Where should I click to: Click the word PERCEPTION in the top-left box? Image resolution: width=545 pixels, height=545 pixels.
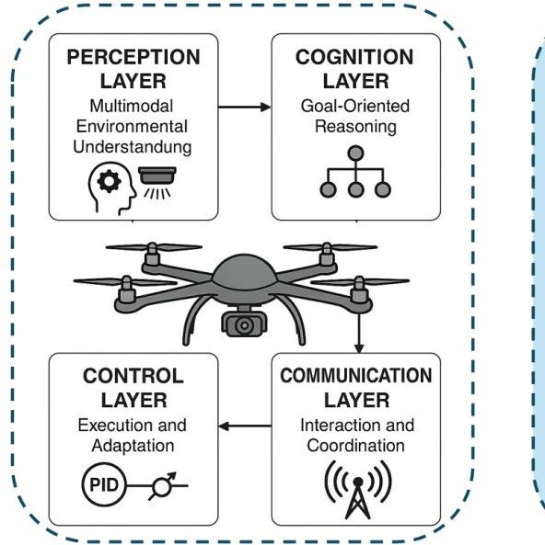pyautogui.click(x=133, y=57)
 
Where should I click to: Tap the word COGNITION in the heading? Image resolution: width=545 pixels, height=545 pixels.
pyautogui.click(x=354, y=57)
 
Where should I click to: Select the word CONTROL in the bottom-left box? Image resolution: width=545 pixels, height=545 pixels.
pyautogui.click(x=133, y=376)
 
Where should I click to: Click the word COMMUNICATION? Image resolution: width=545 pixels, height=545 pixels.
pyautogui.click(x=356, y=376)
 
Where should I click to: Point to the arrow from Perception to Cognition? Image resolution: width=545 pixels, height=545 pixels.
pyautogui.click(x=245, y=107)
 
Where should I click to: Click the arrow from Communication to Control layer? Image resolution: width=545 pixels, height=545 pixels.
pyautogui.click(x=245, y=426)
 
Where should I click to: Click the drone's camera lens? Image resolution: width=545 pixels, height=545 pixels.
pyautogui.click(x=244, y=325)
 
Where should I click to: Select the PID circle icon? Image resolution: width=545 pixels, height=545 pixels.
pyautogui.click(x=104, y=484)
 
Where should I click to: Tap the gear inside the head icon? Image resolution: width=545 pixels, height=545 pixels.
pyautogui.click(x=109, y=181)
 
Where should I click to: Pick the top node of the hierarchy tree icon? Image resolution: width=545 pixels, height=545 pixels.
pyautogui.click(x=355, y=153)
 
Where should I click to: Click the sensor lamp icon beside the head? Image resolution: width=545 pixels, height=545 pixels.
pyautogui.click(x=157, y=183)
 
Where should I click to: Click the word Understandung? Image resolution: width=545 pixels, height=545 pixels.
pyautogui.click(x=133, y=147)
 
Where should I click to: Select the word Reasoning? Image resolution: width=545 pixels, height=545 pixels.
pyautogui.click(x=355, y=127)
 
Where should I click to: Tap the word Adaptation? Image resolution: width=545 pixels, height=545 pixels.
pyautogui.click(x=133, y=446)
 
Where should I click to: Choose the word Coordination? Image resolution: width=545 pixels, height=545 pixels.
pyautogui.click(x=356, y=446)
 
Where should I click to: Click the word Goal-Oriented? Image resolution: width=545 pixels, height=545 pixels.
pyautogui.click(x=355, y=106)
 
